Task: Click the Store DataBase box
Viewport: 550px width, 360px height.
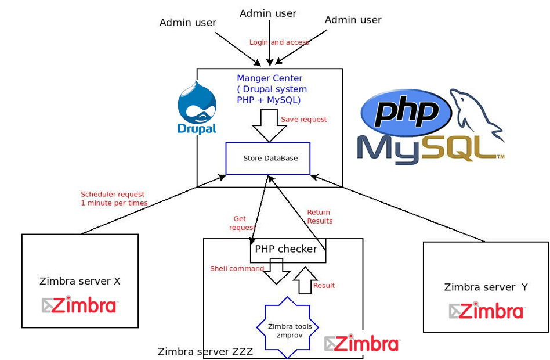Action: coord(268,158)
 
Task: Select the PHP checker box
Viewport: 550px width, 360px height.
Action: coord(287,249)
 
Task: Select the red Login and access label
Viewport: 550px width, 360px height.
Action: coord(279,42)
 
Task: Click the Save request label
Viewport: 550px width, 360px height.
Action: coord(304,120)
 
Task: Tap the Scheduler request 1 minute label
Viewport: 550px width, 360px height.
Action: coord(114,199)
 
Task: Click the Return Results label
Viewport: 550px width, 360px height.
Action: coord(320,217)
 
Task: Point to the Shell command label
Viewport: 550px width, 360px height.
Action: coord(237,269)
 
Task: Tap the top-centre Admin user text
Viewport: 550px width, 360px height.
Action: coord(268,13)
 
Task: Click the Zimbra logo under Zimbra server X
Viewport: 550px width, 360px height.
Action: coord(80,305)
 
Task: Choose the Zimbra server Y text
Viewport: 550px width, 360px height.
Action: coord(486,287)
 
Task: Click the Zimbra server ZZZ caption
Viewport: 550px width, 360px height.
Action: coord(205,352)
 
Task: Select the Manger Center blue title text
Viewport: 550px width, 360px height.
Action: coord(270,78)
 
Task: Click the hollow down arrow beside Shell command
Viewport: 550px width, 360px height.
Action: coord(277,271)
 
